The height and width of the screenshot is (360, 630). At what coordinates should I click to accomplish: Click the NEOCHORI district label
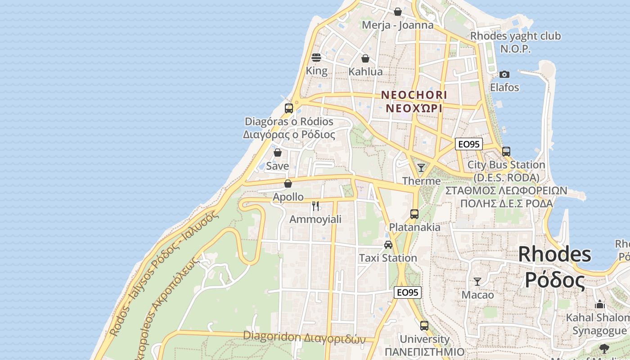click(x=414, y=95)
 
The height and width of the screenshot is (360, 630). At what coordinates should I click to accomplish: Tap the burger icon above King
click(x=316, y=58)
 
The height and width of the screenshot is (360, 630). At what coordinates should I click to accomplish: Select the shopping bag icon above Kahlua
click(x=365, y=58)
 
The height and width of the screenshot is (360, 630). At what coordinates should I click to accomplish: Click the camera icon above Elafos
click(x=504, y=74)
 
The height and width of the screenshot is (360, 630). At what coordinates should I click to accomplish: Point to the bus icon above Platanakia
click(x=414, y=214)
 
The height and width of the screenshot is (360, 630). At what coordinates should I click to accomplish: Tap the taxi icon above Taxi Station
click(x=388, y=245)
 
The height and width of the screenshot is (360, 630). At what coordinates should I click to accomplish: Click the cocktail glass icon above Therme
click(x=421, y=168)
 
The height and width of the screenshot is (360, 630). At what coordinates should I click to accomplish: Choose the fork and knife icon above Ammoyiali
click(x=315, y=206)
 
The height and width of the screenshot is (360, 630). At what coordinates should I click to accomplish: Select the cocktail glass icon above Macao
click(x=477, y=282)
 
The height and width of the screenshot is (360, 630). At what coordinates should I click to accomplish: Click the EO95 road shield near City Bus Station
click(x=468, y=144)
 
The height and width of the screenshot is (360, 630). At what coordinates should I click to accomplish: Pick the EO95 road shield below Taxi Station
click(x=408, y=292)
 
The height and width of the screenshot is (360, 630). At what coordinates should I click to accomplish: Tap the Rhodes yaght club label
click(x=516, y=36)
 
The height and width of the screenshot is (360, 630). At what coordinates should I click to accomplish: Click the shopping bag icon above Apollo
click(x=288, y=184)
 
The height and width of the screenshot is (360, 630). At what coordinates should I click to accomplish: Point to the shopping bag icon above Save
click(x=278, y=153)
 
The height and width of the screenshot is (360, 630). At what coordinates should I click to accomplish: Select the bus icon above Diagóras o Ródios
click(x=289, y=108)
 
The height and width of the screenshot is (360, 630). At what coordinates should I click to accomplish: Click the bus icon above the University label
click(x=424, y=325)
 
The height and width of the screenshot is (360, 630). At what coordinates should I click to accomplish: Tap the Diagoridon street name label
click(x=304, y=336)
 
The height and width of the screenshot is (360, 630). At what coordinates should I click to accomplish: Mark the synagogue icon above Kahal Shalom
click(x=599, y=305)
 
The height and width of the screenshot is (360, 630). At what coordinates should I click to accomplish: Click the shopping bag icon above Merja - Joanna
click(x=398, y=12)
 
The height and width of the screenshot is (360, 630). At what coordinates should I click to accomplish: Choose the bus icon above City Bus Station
click(x=506, y=152)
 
